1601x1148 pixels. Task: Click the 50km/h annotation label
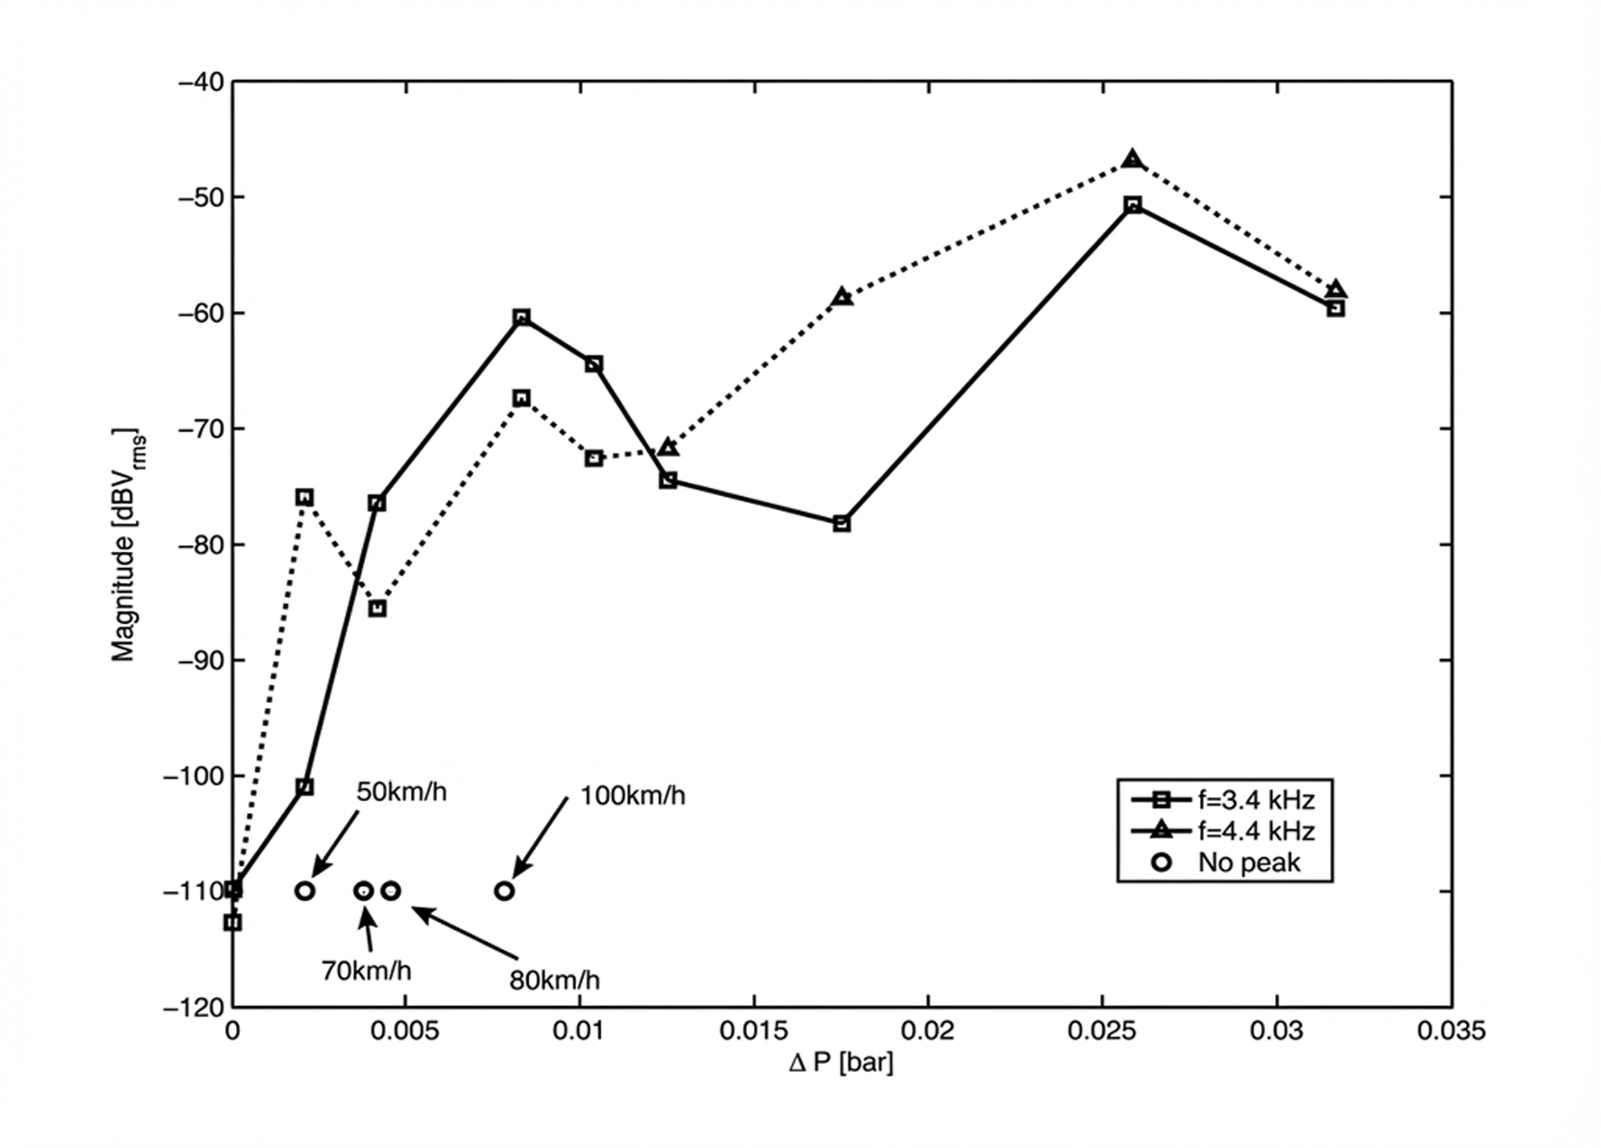pyautogui.click(x=401, y=791)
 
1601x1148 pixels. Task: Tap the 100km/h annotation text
pyautogui.click(x=632, y=795)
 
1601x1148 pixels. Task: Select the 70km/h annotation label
pyautogui.click(x=366, y=970)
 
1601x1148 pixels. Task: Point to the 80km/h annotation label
pyautogui.click(x=554, y=980)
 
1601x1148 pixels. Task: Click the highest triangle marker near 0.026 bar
pyautogui.click(x=1132, y=159)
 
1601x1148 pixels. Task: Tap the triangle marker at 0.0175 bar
pyautogui.click(x=842, y=297)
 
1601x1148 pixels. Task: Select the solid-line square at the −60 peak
pyautogui.click(x=521, y=318)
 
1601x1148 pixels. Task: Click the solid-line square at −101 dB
pyautogui.click(x=304, y=787)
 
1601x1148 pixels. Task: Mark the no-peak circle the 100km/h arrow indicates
pyautogui.click(x=504, y=891)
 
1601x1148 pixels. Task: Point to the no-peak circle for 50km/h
pyautogui.click(x=304, y=891)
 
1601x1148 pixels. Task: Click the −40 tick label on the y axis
pyautogui.click(x=201, y=83)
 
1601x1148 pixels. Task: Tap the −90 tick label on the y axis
pyautogui.click(x=201, y=660)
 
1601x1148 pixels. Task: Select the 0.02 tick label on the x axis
pyautogui.click(x=927, y=1030)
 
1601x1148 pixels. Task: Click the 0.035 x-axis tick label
pyautogui.click(x=1451, y=1030)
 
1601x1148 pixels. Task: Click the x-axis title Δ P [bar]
pyautogui.click(x=841, y=1063)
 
